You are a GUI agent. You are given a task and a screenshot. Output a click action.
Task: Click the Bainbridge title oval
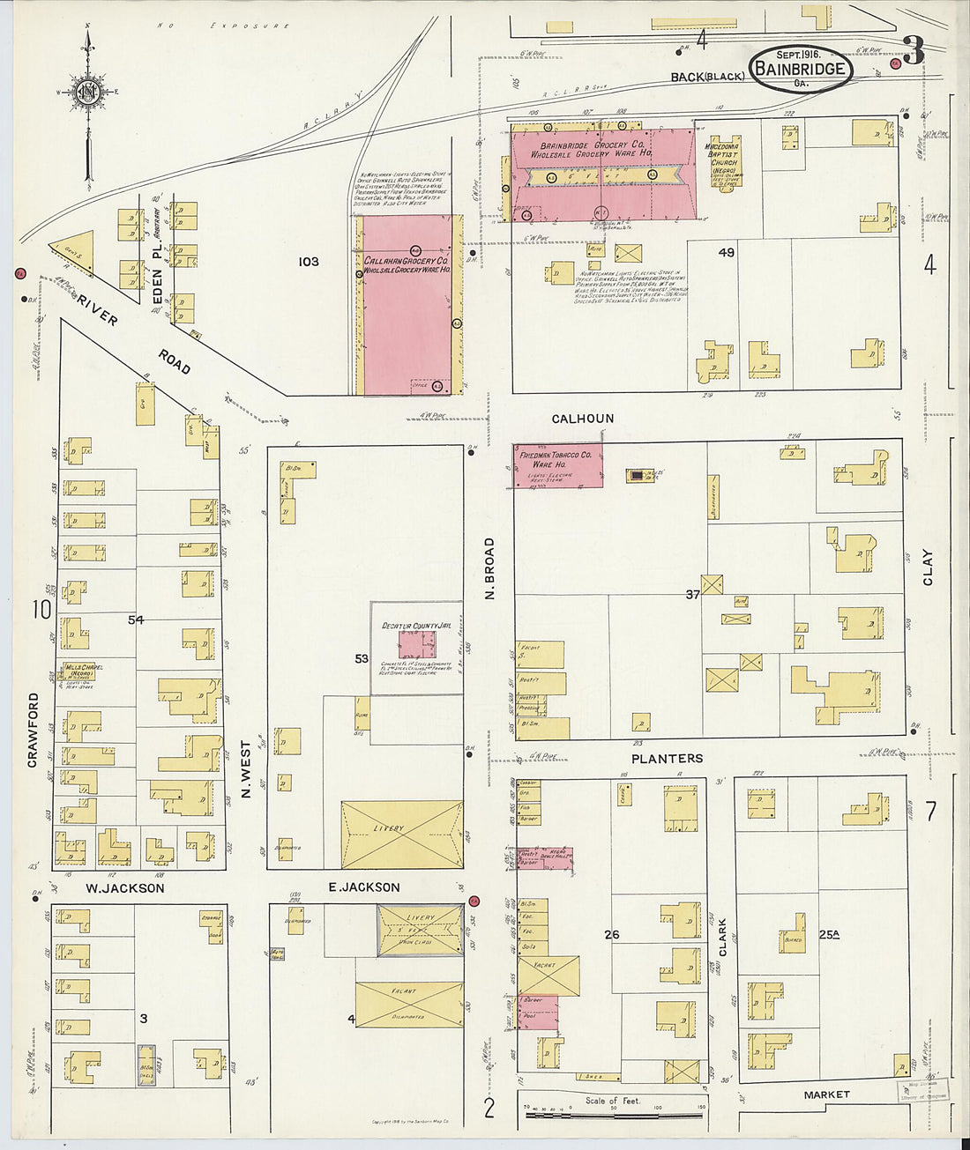pos(801,69)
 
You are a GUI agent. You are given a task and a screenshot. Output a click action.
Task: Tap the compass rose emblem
pos(87,92)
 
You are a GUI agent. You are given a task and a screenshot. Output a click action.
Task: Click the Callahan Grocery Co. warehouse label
pos(407,267)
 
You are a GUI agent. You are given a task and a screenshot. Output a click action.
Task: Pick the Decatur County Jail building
pos(416,643)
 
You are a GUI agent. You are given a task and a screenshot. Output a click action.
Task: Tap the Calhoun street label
pos(582,419)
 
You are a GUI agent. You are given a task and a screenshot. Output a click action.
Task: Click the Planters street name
pos(667,758)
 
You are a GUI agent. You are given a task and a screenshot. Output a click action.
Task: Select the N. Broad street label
pos(489,568)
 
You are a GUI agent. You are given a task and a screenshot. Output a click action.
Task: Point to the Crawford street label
pos(33,730)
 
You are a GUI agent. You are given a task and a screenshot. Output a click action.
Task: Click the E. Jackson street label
pos(364,887)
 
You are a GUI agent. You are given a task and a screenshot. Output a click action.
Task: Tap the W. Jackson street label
pos(124,888)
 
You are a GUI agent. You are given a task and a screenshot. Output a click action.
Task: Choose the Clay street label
pos(927,568)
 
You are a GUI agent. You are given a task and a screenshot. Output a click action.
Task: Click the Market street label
pos(826,1094)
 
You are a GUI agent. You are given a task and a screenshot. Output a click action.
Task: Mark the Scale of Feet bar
pos(615,1115)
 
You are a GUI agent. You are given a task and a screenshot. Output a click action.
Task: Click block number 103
pos(308,262)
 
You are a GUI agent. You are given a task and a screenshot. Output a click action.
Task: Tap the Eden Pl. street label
pos(158,283)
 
